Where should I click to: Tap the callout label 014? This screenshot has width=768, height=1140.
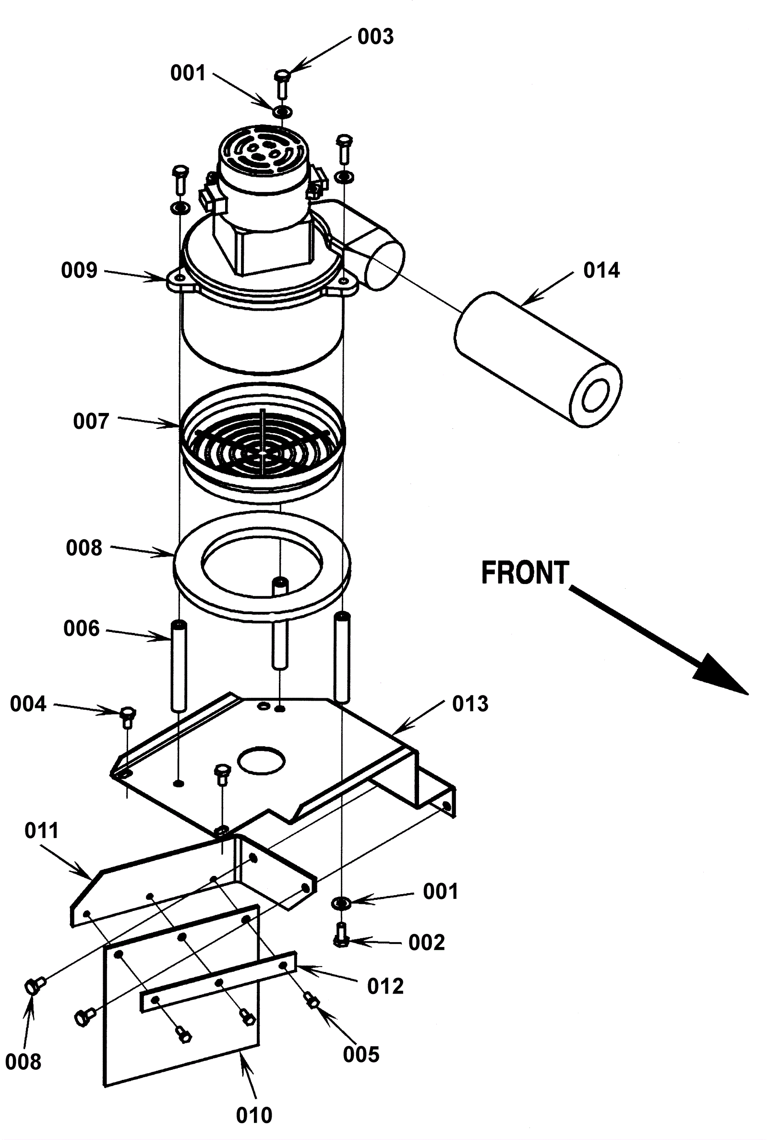tap(601, 270)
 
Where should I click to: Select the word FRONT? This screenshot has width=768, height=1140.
tap(525, 573)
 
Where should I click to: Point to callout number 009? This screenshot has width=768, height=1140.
tap(79, 270)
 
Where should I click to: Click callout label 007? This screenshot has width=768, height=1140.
tap(91, 421)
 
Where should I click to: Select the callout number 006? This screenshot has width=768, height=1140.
tap(81, 629)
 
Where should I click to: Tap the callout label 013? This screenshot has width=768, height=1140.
tap(470, 704)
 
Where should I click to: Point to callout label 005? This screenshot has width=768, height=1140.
tap(361, 1055)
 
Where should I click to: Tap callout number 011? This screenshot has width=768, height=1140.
tap(42, 831)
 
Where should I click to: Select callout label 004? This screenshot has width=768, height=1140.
tap(28, 704)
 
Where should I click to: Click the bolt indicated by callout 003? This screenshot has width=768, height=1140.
tap(282, 84)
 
